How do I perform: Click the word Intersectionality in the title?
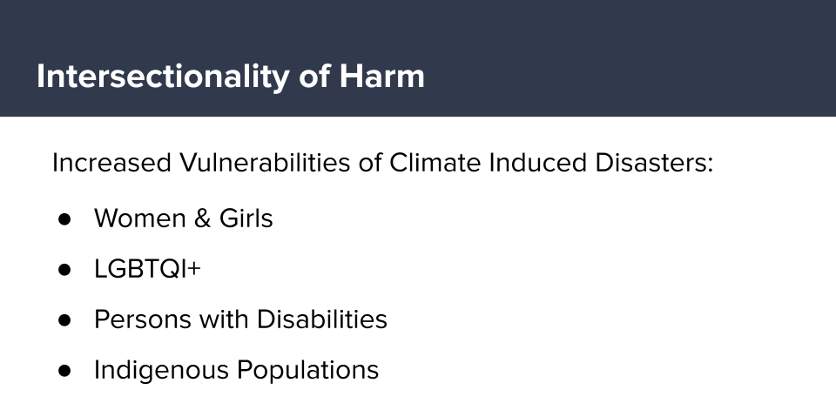click(x=162, y=77)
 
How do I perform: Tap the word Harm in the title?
click(x=381, y=77)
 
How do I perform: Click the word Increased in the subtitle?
click(x=111, y=163)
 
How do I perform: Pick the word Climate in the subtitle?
click(x=435, y=163)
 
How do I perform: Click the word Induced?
click(x=537, y=163)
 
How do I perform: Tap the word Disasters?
click(x=654, y=163)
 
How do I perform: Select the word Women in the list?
click(x=139, y=218)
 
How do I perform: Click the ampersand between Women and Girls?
click(x=202, y=218)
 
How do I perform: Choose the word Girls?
click(x=246, y=218)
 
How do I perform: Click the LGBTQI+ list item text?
click(x=147, y=269)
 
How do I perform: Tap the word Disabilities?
click(x=322, y=319)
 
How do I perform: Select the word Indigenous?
click(x=162, y=370)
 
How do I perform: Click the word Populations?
click(x=307, y=370)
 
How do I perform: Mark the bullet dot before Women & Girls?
click(x=64, y=219)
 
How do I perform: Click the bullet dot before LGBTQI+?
click(x=64, y=270)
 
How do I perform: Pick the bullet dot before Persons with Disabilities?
click(x=64, y=320)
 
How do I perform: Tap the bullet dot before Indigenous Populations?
click(x=64, y=371)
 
